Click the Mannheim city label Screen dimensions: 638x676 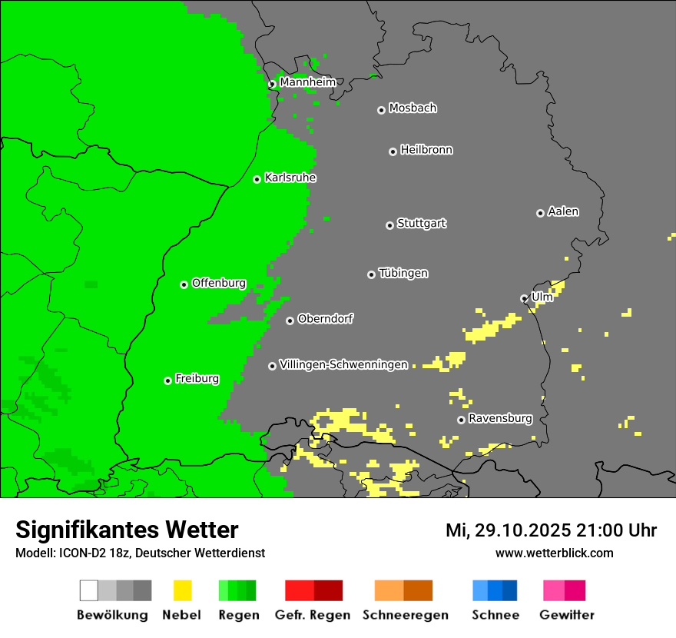pos(308,82)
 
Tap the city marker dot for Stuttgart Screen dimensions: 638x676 pos(389,225)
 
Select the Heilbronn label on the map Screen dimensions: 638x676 pos(426,150)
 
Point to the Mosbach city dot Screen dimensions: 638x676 pos(381,110)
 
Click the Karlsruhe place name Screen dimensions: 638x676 pos(290,178)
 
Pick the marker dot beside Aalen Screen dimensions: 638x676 pos(540,213)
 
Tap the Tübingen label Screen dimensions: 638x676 pos(403,273)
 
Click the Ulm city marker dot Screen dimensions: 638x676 pos(524,298)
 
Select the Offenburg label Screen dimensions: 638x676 pos(219,283)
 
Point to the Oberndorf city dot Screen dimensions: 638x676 pos(290,321)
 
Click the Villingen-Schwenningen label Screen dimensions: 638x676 pos(343,364)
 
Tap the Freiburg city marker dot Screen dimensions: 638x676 pos(167,380)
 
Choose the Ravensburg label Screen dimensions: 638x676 pos(500,418)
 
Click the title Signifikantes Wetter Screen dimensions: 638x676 pos(127,530)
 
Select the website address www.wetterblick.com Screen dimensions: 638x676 pos(554,553)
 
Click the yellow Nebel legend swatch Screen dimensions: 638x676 pos(182,590)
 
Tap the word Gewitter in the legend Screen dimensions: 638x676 pos(567,615)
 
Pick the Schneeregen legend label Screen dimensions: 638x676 pos(405,615)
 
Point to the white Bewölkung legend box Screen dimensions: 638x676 pos(88,590)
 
